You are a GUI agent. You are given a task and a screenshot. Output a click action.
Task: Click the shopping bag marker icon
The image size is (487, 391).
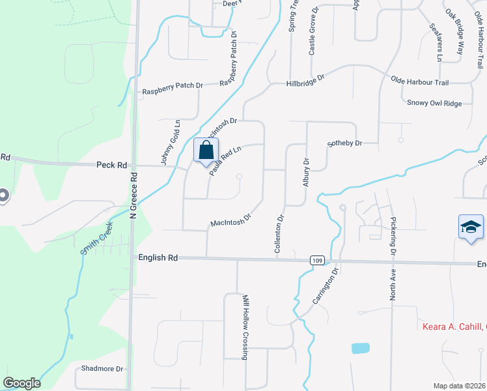coord(206,151)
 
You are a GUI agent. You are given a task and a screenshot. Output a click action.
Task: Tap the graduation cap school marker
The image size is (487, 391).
coord(471,227)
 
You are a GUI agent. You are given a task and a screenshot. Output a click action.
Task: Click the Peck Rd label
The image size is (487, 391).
coord(111,166)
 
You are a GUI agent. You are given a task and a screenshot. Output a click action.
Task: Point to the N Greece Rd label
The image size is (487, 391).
coord(133,195)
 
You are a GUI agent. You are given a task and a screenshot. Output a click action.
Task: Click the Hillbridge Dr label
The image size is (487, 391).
coord(305,81)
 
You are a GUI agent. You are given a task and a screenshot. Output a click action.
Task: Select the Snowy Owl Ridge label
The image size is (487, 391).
coord(434,103)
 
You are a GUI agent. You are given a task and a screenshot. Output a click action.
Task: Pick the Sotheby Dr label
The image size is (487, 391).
coord(344,143)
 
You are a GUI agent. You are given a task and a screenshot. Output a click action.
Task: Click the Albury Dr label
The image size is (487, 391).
coord(305,171)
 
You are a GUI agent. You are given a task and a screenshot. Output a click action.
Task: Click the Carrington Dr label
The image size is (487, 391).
coord(325,285)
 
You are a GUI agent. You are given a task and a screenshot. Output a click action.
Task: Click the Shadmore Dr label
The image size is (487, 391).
coord(102,369)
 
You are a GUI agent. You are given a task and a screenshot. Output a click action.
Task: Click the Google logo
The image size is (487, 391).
coord(21,383)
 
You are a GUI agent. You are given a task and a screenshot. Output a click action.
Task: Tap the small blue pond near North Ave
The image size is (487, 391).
coord(360,348)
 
